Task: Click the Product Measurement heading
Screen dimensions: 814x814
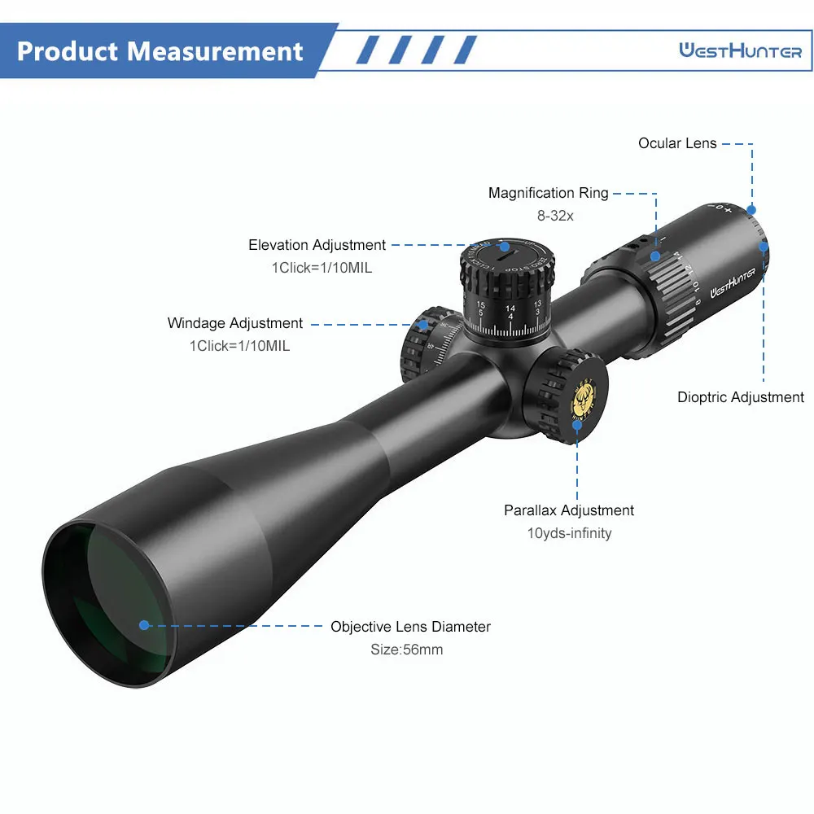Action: (x=160, y=51)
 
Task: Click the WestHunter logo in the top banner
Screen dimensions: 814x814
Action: (x=741, y=51)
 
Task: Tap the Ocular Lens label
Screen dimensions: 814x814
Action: (x=677, y=143)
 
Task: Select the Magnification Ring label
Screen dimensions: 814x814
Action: (x=548, y=193)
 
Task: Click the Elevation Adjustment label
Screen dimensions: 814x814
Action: (x=317, y=245)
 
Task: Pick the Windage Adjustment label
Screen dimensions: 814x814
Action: (x=235, y=323)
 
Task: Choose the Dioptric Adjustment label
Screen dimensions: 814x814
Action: (x=741, y=397)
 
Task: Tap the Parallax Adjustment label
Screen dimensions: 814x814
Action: (x=569, y=510)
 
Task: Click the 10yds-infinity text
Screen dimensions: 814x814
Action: (x=569, y=533)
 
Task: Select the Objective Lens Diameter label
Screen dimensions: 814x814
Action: (x=410, y=627)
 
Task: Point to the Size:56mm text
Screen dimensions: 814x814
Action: (x=407, y=650)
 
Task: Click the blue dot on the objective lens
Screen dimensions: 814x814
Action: (x=144, y=625)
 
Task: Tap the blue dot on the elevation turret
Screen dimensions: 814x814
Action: (x=504, y=245)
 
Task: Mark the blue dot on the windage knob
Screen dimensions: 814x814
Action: (x=423, y=324)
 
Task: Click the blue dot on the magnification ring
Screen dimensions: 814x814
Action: (x=655, y=256)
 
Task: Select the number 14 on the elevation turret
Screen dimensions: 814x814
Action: (x=510, y=309)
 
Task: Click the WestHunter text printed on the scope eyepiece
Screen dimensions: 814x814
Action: (x=733, y=280)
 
